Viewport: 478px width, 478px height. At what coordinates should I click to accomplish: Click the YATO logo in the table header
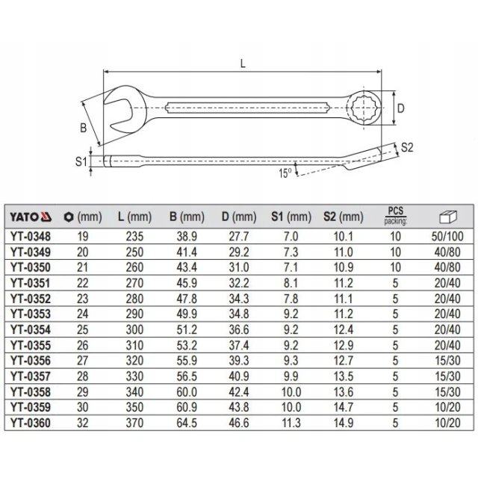point(31,217)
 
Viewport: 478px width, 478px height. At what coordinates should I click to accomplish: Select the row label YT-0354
point(31,330)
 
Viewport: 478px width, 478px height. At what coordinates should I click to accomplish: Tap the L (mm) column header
point(134,217)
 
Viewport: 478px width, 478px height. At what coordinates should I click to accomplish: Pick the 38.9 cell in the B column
point(187,237)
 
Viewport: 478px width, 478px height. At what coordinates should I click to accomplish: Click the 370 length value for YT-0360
point(134,423)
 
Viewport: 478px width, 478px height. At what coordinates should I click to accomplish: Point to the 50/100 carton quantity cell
point(447,237)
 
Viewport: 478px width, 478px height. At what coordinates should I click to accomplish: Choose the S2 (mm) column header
point(344,217)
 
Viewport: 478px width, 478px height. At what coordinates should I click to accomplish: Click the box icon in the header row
point(448,217)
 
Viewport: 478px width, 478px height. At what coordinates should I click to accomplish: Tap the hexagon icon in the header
point(69,217)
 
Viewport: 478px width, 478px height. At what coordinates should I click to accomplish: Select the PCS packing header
point(395,216)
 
